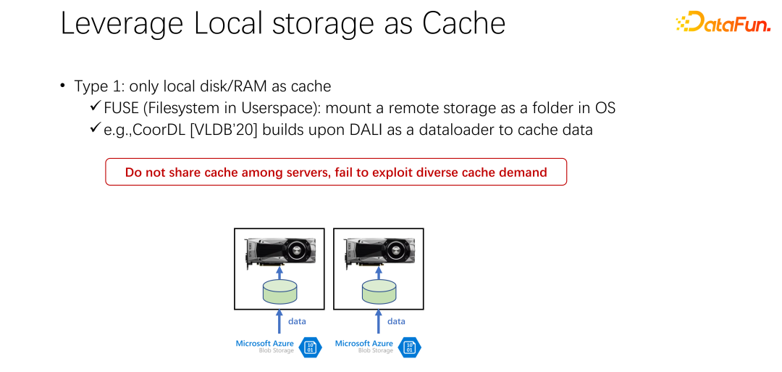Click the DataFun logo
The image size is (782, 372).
(723, 22)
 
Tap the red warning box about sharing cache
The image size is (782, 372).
(336, 173)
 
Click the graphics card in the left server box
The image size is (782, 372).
(279, 251)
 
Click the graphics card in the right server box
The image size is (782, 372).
(379, 251)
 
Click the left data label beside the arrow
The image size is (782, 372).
(298, 321)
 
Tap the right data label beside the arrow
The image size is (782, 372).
(397, 321)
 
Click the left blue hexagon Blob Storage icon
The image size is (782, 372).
(311, 347)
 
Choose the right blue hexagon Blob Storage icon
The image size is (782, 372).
(410, 347)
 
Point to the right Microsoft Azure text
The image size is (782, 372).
(363, 344)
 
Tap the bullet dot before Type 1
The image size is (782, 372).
(63, 86)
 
